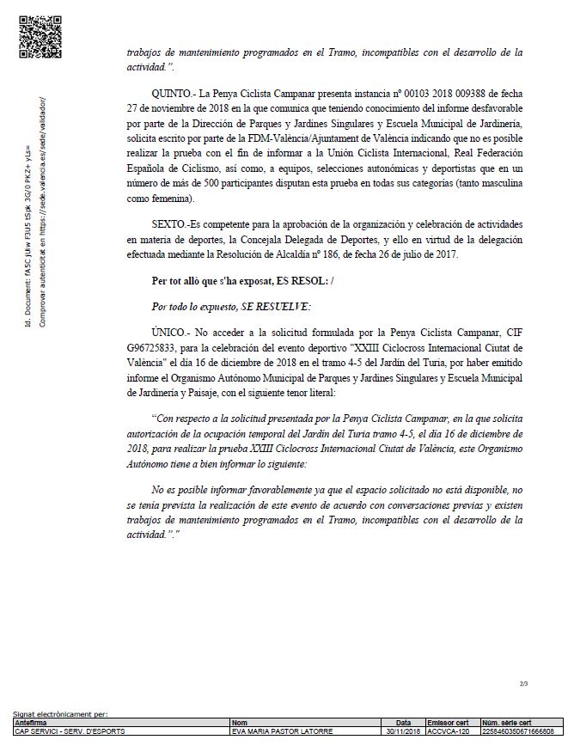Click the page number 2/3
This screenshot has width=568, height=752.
point(523,683)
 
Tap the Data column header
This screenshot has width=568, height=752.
point(403,723)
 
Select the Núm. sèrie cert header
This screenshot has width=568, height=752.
point(507,723)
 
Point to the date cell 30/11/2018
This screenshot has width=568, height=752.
point(403,731)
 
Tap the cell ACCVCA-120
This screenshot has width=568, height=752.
point(446,731)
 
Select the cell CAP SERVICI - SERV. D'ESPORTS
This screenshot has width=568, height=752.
point(70,731)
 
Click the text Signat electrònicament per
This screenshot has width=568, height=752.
point(60,714)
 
